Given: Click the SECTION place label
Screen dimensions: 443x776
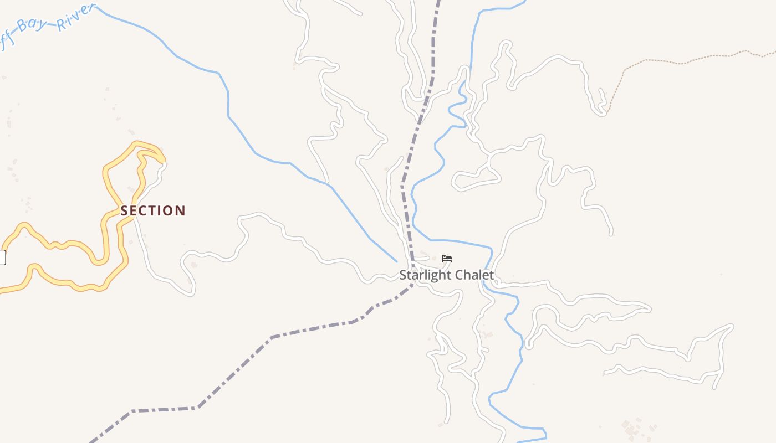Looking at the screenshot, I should point(153,211).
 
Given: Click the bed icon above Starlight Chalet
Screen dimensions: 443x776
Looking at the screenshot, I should point(447,259).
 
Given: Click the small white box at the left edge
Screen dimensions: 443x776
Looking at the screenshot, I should point(2,257).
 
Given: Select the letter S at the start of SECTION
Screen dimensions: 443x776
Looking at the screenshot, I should point(124,211).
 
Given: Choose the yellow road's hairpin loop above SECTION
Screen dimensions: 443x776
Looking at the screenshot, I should point(145,148).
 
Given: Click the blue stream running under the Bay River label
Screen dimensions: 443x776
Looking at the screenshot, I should point(166,47).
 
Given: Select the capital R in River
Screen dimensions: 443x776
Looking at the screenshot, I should point(62,24).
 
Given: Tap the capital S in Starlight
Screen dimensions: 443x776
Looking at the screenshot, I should point(404,275).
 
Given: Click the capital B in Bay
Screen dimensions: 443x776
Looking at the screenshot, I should point(22,26).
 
